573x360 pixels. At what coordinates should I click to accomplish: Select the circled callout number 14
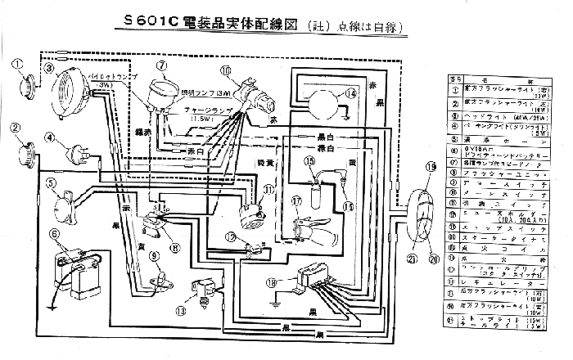click(x=351, y=93)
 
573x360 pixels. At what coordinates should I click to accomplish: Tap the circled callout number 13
click(x=181, y=311)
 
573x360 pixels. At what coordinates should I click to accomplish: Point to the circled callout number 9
click(x=154, y=256)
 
